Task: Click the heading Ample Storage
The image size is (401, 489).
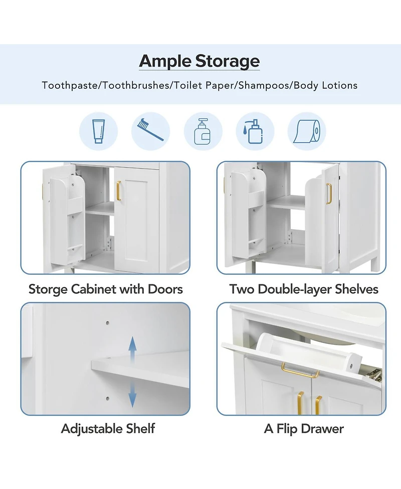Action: pyautogui.click(x=199, y=61)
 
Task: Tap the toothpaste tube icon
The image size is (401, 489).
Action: pyautogui.click(x=98, y=131)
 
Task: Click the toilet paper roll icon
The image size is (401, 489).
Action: pyautogui.click(x=307, y=131)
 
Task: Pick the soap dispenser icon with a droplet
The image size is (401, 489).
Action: pyautogui.click(x=255, y=131)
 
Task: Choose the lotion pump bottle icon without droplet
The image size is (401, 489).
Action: pyautogui.click(x=203, y=131)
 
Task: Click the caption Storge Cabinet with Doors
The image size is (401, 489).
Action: pyautogui.click(x=105, y=289)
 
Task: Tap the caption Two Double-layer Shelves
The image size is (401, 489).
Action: pyautogui.click(x=304, y=289)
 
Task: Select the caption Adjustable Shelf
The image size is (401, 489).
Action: pyautogui.click(x=108, y=428)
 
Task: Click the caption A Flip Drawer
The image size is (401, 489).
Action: pyautogui.click(x=304, y=428)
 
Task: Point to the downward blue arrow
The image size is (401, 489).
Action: pyautogui.click(x=132, y=395)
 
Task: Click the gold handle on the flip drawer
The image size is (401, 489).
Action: pyautogui.click(x=300, y=371)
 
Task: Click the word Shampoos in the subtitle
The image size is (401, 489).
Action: pyautogui.click(x=265, y=85)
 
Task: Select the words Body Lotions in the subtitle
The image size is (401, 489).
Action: pyautogui.click(x=325, y=85)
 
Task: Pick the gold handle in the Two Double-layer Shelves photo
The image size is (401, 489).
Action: pyautogui.click(x=329, y=194)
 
